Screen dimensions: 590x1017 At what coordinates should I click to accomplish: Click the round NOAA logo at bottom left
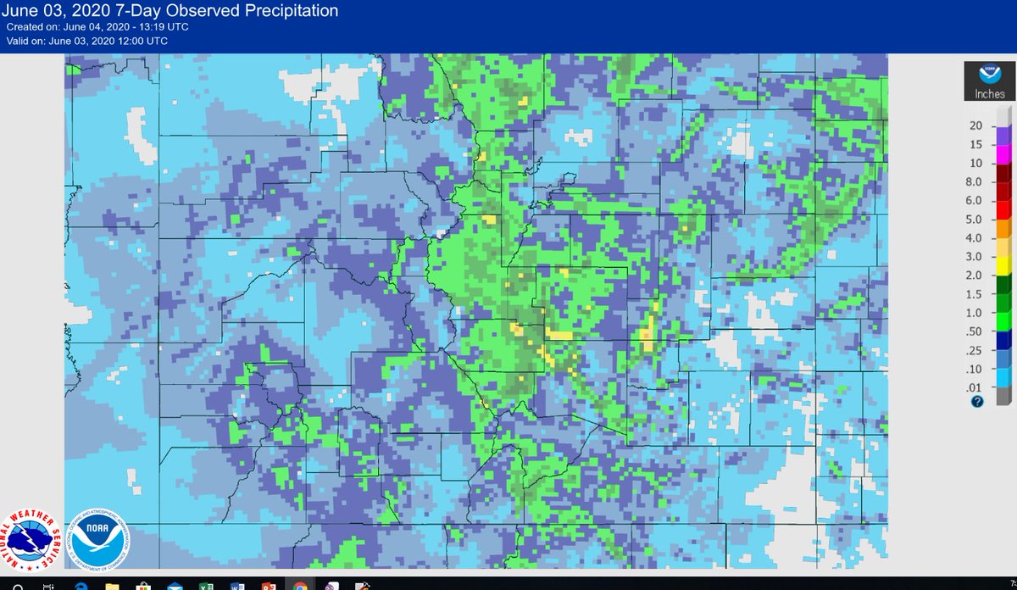coord(100,539)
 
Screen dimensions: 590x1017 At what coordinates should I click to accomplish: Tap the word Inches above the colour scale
coord(990,94)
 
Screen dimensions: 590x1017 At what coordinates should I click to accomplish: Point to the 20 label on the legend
coord(975,125)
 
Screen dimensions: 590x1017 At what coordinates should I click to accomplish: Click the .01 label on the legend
coord(974,387)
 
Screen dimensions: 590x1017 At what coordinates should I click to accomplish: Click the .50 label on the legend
coord(974,331)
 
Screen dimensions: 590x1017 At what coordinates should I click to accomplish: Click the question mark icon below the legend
coord(977,402)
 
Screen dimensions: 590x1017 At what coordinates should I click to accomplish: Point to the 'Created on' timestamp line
coord(97,26)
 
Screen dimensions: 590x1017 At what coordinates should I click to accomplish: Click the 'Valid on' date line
coord(87,41)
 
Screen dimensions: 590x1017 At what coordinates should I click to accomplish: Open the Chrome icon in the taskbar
coord(300,585)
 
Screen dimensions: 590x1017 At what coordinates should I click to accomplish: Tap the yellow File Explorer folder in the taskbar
coord(112,585)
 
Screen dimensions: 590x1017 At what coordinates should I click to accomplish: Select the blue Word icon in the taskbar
coord(236,585)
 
